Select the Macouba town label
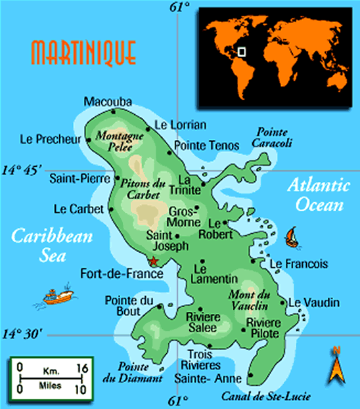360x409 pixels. pos(108,101)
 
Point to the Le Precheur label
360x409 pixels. pos(50,139)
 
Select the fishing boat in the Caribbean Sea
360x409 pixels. pos(58,295)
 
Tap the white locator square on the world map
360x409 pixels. pos(242,51)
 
